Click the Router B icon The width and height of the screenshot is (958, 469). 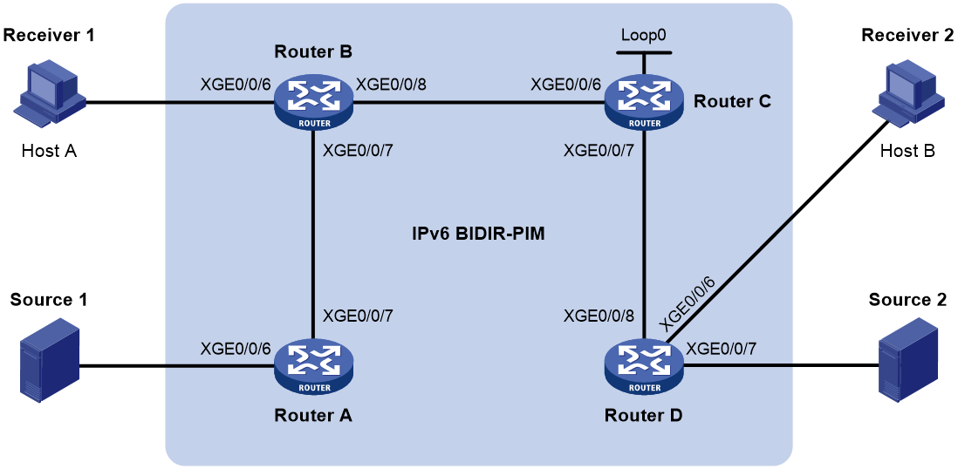(x=313, y=103)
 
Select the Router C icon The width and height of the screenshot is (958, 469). (x=643, y=103)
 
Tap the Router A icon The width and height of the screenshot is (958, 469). (x=313, y=367)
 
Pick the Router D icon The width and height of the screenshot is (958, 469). (x=643, y=367)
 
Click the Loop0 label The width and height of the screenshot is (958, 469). (x=643, y=35)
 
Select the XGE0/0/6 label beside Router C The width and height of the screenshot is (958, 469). (x=566, y=85)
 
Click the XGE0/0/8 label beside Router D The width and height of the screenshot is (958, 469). (x=599, y=316)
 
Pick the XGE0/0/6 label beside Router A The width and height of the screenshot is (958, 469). (x=236, y=348)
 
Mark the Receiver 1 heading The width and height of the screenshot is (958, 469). (x=50, y=36)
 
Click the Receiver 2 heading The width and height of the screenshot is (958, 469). (x=907, y=36)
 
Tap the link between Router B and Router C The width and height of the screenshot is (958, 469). (x=478, y=103)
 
